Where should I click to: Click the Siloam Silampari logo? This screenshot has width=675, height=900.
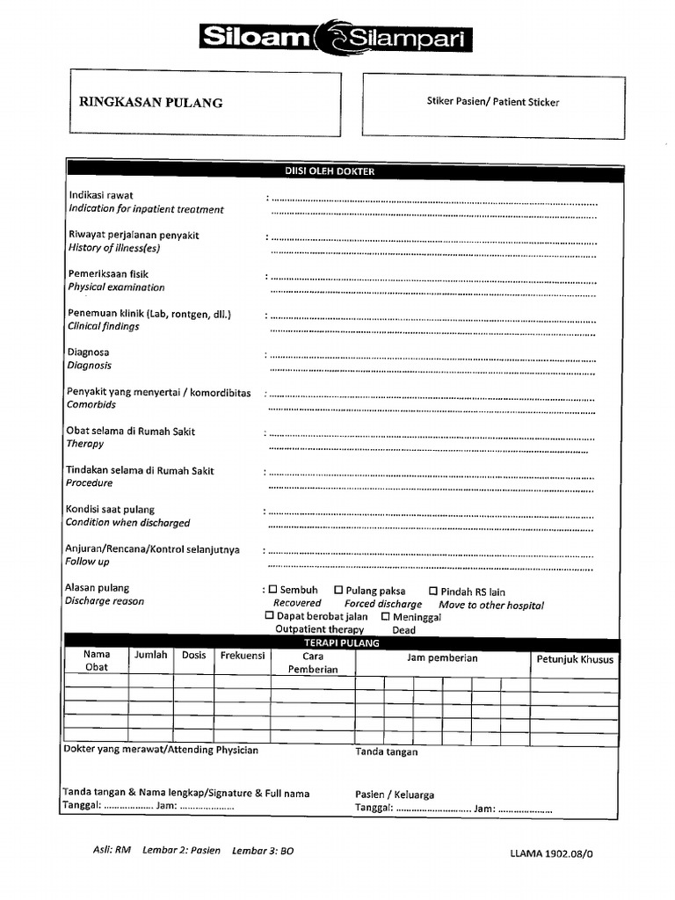(x=337, y=38)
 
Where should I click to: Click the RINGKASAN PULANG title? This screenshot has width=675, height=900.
(x=150, y=102)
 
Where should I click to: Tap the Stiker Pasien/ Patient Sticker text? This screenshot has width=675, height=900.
(x=492, y=102)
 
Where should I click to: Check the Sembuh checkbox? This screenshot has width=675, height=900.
(x=272, y=591)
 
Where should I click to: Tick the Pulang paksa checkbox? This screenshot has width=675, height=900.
(x=338, y=591)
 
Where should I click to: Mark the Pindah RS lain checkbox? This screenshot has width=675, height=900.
(x=432, y=592)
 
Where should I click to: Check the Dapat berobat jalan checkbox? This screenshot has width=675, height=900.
(x=270, y=616)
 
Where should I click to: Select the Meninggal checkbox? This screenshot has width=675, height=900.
(x=385, y=616)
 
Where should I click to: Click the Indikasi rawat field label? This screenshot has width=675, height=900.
(x=101, y=195)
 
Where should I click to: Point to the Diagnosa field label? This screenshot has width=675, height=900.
(x=88, y=352)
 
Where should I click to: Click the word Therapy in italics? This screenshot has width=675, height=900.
(x=85, y=445)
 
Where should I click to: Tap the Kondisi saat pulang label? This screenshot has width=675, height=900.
(x=110, y=510)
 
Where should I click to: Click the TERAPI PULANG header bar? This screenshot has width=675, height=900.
(x=343, y=643)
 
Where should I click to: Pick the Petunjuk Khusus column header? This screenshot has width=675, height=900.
(x=575, y=659)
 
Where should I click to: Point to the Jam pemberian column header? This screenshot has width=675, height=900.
(x=442, y=658)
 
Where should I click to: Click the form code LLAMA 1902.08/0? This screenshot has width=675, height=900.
(x=556, y=853)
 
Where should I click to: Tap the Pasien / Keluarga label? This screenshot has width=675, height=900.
(x=395, y=795)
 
